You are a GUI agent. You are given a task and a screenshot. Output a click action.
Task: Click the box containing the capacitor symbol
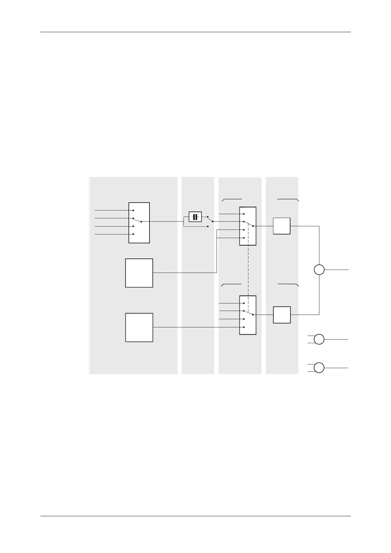195,217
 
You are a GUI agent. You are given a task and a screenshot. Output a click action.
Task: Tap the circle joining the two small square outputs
319,270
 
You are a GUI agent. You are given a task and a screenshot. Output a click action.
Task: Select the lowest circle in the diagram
319,368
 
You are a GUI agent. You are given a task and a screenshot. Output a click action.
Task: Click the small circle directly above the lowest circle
319,339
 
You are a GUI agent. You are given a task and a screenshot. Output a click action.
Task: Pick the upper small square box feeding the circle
282,226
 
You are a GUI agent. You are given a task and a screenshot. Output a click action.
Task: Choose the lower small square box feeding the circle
282,315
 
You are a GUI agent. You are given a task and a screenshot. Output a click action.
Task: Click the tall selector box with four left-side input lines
139,223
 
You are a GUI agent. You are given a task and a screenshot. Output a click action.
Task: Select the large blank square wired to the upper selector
139,273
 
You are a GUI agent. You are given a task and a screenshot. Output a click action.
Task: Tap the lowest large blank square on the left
139,327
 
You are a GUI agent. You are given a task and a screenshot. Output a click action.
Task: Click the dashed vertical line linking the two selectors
248,271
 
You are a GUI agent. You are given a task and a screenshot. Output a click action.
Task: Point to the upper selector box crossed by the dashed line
248,226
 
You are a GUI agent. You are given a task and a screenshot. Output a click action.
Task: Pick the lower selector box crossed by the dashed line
248,315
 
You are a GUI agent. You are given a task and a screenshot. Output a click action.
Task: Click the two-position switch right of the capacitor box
210,221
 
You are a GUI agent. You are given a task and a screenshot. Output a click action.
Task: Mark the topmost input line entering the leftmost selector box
112,210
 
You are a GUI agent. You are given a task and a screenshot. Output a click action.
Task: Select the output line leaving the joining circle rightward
336,270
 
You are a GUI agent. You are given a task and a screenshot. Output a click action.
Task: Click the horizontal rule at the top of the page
195,32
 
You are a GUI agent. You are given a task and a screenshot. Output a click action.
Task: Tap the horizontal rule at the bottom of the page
195,516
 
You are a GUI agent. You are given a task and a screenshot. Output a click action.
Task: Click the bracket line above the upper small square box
288,199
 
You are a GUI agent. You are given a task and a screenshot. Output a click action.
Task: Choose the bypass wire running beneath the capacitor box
195,227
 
